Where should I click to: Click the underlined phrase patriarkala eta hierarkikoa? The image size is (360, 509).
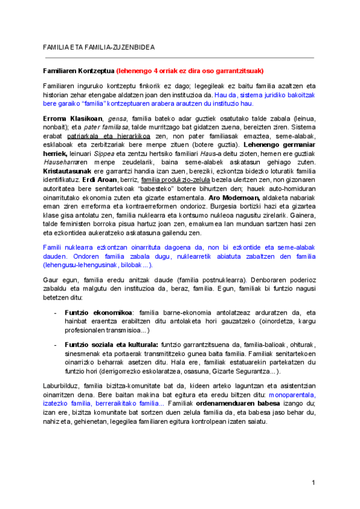[x=115, y=136]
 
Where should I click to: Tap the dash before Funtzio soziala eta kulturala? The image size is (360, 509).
[x=56, y=344]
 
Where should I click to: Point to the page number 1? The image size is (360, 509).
[x=313, y=483]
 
